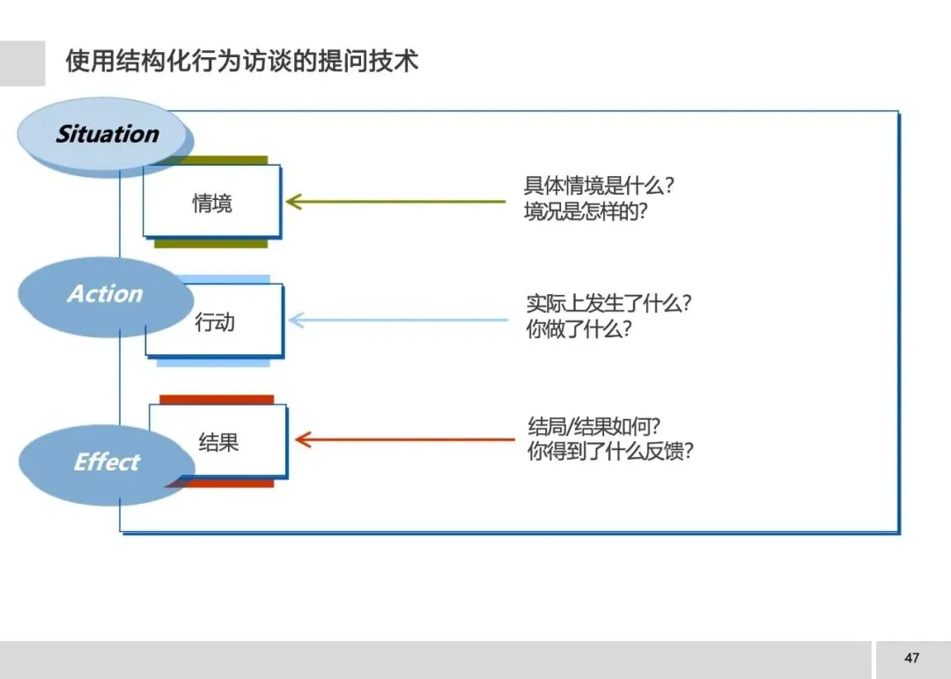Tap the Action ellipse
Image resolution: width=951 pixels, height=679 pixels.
point(105,294)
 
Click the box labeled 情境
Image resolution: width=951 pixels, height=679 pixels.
point(212,202)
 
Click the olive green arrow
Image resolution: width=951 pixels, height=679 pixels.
point(396,202)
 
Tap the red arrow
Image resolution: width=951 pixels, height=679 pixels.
point(405,439)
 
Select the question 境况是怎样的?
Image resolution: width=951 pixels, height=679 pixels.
point(586,212)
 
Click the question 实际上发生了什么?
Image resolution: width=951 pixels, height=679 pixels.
point(608,304)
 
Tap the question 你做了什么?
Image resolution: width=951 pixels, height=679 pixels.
point(579,330)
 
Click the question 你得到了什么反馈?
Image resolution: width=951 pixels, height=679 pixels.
point(610,453)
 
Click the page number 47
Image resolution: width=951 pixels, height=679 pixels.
point(911,658)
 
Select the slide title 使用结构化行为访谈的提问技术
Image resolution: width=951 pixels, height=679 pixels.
point(241,62)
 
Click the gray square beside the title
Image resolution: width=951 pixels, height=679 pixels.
point(22,63)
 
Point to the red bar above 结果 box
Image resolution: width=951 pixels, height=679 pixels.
point(217,400)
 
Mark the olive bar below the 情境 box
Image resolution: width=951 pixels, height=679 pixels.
point(210,243)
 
